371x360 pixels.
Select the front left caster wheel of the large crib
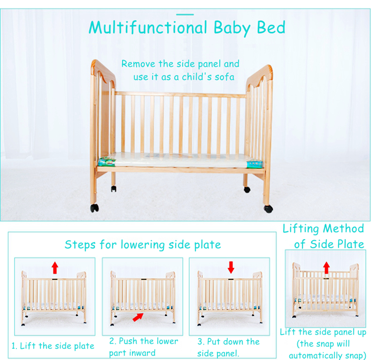pos(95,208)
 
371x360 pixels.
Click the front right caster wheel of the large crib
pos(268,209)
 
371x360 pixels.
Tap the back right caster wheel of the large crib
pos(247,189)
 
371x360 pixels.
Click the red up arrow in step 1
pos(55,267)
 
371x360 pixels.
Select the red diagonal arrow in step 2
pos(138,317)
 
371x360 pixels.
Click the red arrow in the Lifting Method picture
pos(327,267)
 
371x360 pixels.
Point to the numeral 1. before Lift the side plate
pos(14,346)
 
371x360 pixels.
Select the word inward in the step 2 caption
pos(143,353)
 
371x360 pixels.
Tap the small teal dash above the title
pos(185,15)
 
